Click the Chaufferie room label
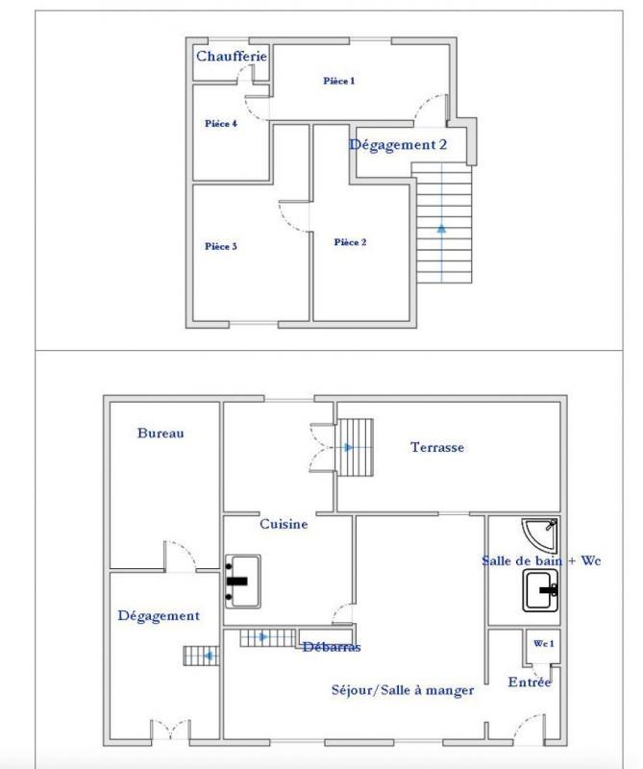click(231, 57)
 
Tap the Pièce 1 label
click(338, 81)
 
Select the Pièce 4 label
click(221, 123)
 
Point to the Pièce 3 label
click(221, 246)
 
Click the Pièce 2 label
click(350, 242)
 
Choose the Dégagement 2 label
click(398, 145)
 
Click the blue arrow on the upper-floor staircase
click(442, 229)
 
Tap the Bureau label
click(161, 434)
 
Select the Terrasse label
click(437, 447)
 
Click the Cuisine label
click(284, 524)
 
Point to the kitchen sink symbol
click(243, 581)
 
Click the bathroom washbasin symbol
click(542, 589)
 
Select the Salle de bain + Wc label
click(541, 560)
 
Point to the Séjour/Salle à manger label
click(402, 689)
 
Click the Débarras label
click(330, 647)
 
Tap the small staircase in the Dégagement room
click(201, 656)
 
